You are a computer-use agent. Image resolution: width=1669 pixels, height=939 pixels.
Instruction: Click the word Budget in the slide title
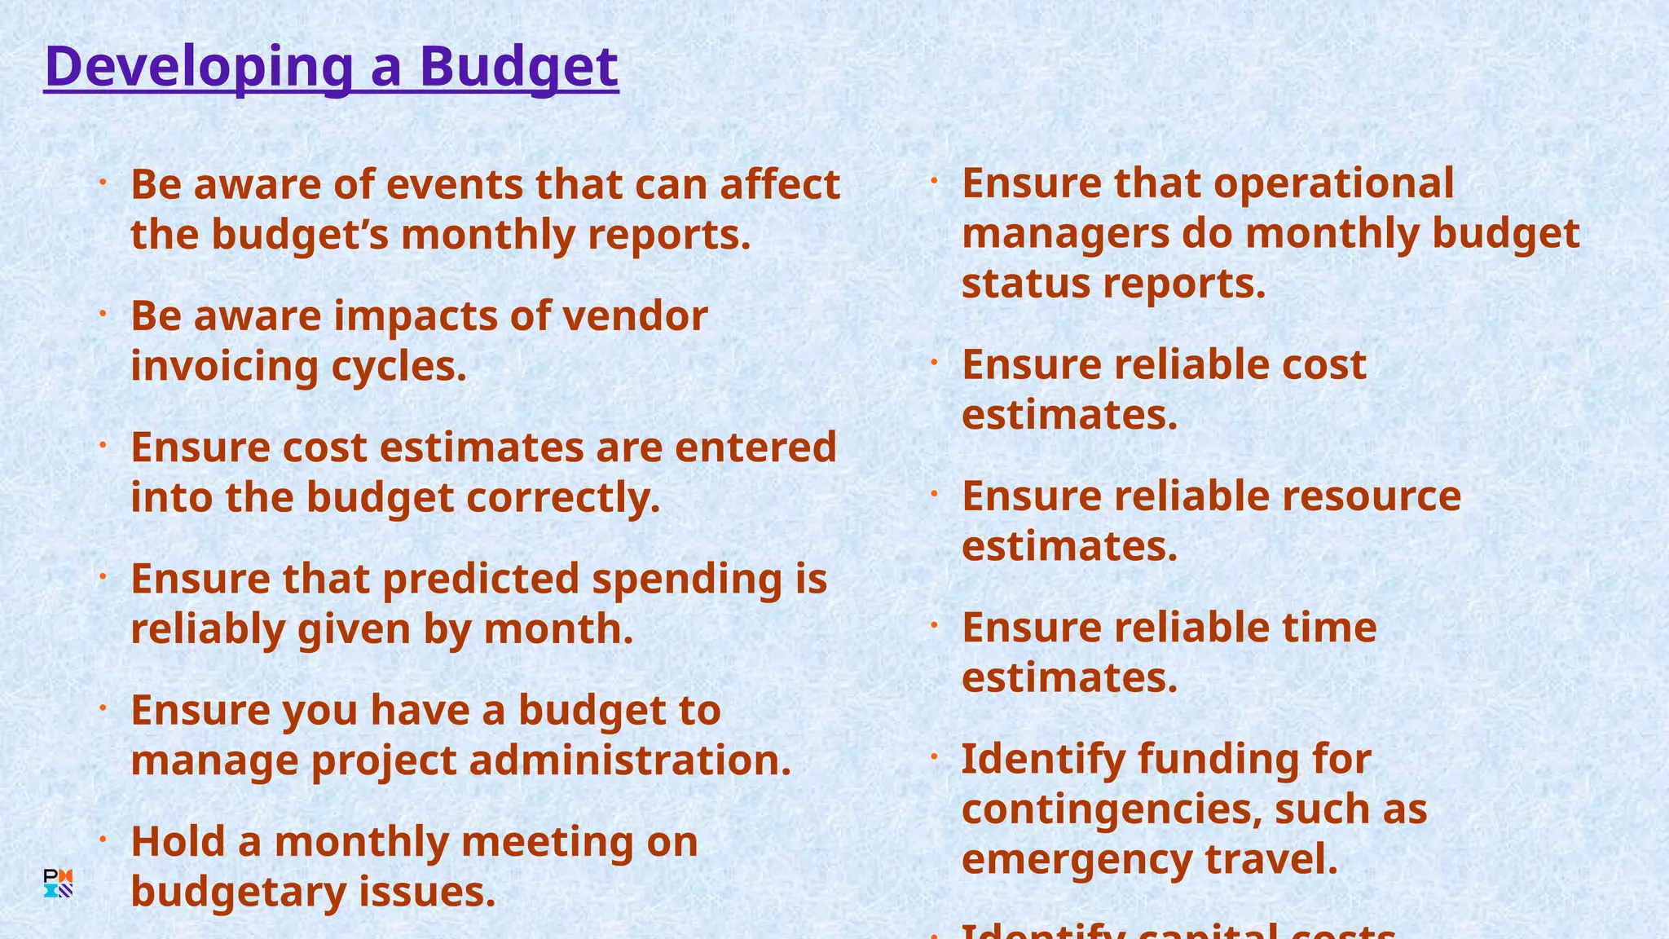coord(518,67)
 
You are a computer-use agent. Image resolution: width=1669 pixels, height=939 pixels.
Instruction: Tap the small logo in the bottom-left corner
coord(58,884)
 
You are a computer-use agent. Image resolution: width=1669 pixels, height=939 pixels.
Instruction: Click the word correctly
coord(563,497)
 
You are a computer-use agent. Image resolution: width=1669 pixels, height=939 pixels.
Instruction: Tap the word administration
coord(630,760)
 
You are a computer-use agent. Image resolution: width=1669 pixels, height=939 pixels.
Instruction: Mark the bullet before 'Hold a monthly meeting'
coord(103,840)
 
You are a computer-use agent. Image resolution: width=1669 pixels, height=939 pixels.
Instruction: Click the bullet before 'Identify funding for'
coord(935,757)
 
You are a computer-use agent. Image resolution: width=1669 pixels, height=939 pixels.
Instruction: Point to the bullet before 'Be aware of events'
coord(103,183)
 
